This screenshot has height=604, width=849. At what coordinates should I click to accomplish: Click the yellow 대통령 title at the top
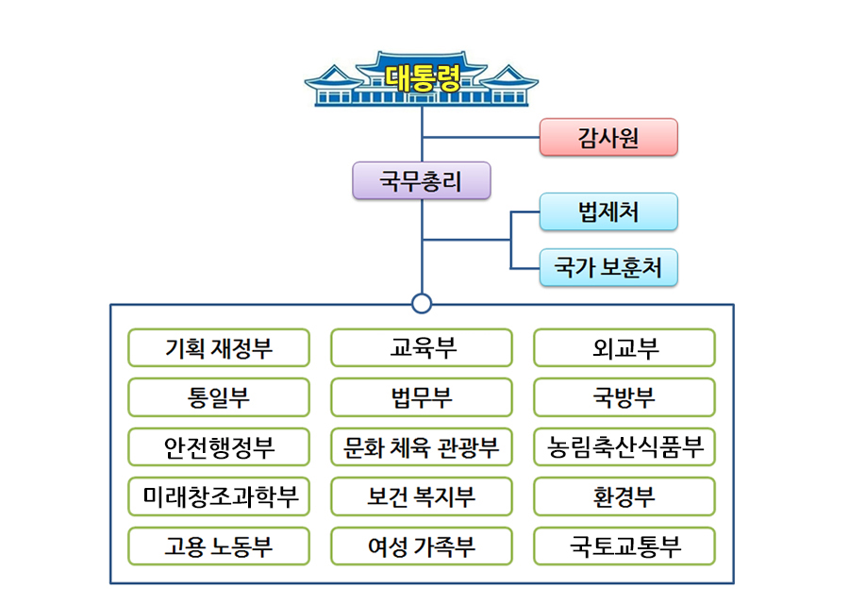tap(423, 77)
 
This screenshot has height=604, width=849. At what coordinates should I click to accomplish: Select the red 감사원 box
tap(608, 138)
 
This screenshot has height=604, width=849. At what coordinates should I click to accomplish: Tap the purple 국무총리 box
tap(422, 180)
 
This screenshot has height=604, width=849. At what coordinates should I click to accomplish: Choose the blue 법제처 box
tap(608, 211)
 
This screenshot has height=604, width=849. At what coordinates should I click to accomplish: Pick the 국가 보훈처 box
tap(608, 268)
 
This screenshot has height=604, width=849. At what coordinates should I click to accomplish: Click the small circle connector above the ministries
tap(422, 303)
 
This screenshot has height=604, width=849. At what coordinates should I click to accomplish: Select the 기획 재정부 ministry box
tap(219, 348)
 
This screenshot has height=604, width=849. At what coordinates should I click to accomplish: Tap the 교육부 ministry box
tap(422, 348)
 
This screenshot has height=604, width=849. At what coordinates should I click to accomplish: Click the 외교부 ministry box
tap(624, 348)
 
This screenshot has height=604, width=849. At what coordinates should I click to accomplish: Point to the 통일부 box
tap(219, 397)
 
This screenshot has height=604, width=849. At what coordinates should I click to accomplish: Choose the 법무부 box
tap(422, 397)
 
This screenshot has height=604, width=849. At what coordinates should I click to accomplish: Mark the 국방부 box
tap(624, 397)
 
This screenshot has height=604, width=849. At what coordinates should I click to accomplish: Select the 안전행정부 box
tap(219, 446)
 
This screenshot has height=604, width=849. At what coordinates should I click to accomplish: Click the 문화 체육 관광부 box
tap(422, 446)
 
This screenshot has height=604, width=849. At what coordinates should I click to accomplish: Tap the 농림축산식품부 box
tap(624, 446)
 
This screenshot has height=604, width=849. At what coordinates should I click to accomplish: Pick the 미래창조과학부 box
tap(219, 496)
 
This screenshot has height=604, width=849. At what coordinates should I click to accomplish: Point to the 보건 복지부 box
tap(422, 496)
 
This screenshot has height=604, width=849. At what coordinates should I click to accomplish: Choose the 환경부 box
tap(624, 496)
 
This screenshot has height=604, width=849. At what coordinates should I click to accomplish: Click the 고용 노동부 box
tap(219, 545)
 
